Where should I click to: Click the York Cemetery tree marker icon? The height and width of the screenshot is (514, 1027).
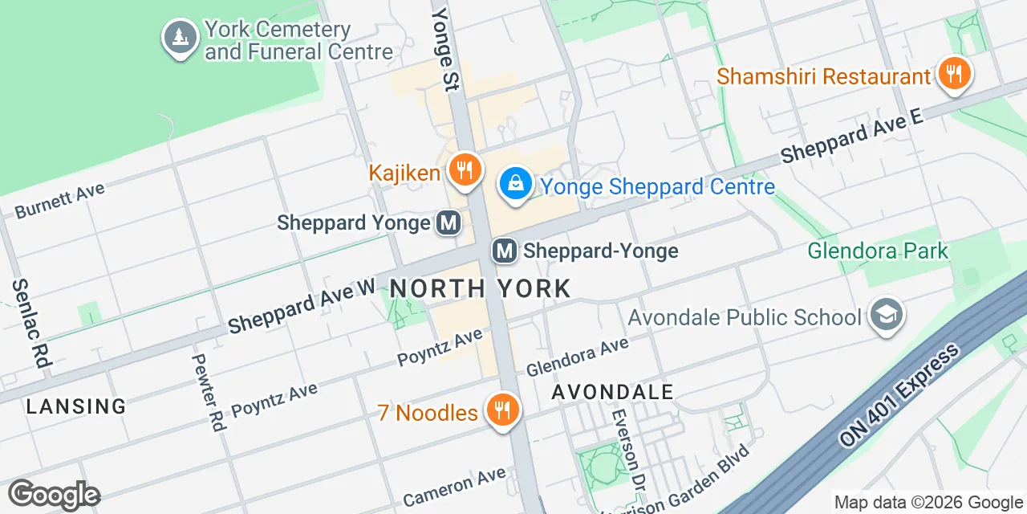pyautogui.click(x=181, y=37)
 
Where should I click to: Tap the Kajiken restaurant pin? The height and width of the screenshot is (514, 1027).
pyautogui.click(x=464, y=169)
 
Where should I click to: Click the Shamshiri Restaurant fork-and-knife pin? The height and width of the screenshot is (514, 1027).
pyautogui.click(x=953, y=75)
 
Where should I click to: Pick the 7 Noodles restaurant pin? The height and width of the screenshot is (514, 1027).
pyautogui.click(x=502, y=410)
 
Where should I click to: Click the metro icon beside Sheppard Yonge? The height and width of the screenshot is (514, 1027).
pyautogui.click(x=449, y=222)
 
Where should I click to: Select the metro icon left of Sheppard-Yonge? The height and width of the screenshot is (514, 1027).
pyautogui.click(x=505, y=251)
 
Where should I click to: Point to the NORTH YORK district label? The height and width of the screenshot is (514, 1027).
pyautogui.click(x=481, y=288)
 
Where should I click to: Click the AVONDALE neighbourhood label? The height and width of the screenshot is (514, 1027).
pyautogui.click(x=613, y=392)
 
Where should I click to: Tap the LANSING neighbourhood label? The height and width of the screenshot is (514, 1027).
pyautogui.click(x=76, y=406)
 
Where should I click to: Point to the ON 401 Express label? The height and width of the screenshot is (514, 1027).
pyautogui.click(x=899, y=395)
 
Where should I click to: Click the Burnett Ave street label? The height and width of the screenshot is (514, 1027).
pyautogui.click(x=60, y=201)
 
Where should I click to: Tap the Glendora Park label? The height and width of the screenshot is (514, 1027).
pyautogui.click(x=878, y=251)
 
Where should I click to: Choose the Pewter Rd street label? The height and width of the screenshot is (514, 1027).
pyautogui.click(x=208, y=393)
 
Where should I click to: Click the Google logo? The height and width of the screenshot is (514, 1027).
pyautogui.click(x=54, y=495)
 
